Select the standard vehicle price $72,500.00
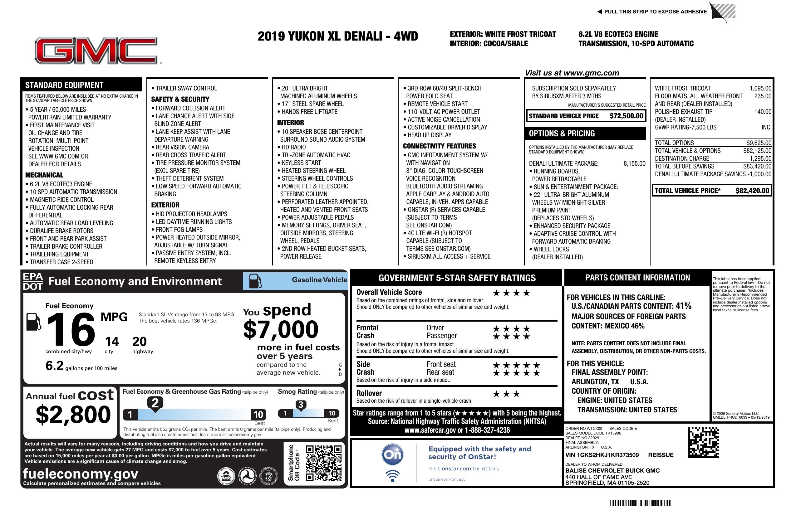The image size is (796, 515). [x=626, y=116]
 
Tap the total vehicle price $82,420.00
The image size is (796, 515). [x=752, y=191]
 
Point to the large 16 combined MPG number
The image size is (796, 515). [x=71, y=329]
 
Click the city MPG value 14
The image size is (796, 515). [x=112, y=342]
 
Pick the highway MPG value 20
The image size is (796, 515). [x=140, y=342]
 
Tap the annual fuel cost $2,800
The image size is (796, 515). [x=73, y=415]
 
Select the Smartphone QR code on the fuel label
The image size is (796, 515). [x=323, y=463]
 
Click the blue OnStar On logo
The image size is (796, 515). [x=393, y=454]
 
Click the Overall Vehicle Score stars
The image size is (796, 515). [x=511, y=293]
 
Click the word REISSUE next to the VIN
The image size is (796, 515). [x=661, y=455]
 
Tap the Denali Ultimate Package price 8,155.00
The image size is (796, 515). [x=634, y=163]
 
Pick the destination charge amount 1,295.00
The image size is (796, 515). [x=760, y=158]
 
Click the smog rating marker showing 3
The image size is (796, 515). [x=300, y=405]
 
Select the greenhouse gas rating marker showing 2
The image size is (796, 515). [x=155, y=403]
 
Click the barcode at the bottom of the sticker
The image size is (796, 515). [x=640, y=503]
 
